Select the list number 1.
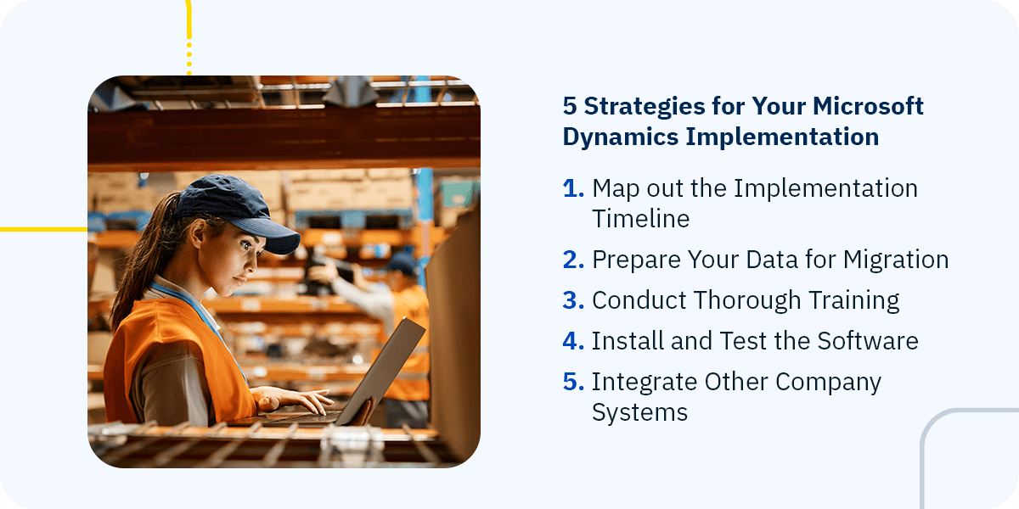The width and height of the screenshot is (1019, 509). coord(573,188)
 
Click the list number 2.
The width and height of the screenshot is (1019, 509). coord(573,260)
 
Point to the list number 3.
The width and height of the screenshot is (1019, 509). coord(573,300)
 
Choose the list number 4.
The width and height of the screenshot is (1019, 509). coord(573,341)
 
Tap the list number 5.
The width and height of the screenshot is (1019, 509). coord(573,382)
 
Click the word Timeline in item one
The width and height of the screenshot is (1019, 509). coord(640,219)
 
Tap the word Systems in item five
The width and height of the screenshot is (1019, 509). coord(639,412)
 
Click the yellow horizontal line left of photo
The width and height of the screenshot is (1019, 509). coord(42,229)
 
